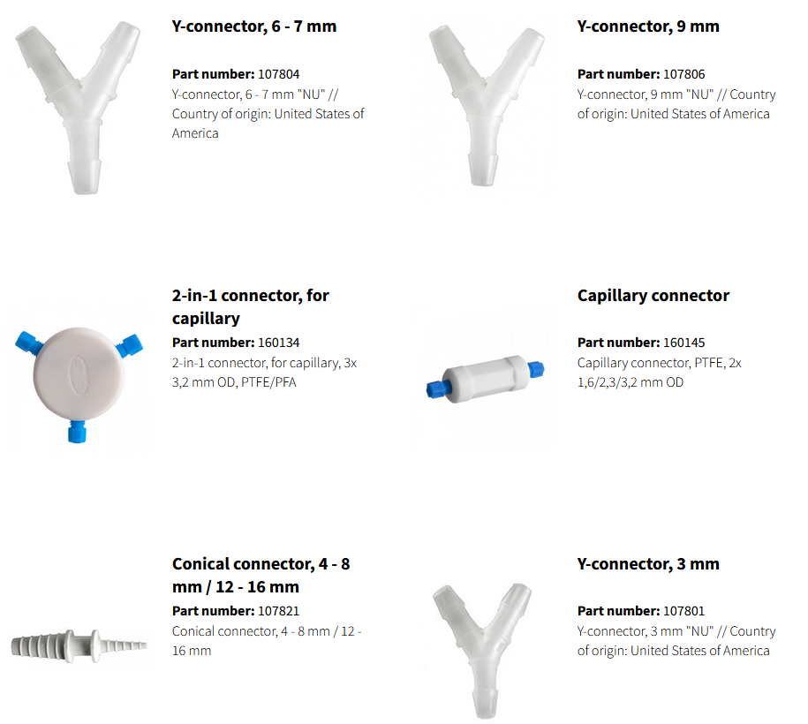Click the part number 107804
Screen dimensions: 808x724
278,74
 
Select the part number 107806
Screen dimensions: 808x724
683,74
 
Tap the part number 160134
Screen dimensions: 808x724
278,343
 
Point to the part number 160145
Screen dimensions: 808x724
683,343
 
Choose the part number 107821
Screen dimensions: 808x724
278,611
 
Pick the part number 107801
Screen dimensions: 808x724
683,611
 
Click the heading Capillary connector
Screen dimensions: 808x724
653,296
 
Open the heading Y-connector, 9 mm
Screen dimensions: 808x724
648,26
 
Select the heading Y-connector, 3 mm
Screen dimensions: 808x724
648,564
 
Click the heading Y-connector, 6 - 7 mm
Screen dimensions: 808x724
254,26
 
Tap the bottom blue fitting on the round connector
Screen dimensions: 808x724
77,432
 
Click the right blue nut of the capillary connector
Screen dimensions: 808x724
536,369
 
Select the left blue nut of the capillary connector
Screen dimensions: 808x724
435,389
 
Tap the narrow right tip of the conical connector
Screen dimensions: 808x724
140,645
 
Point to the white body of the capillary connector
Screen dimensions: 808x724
486,379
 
